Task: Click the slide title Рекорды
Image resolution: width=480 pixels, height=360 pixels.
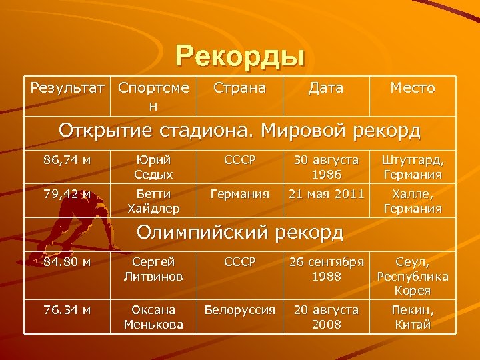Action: [240, 55]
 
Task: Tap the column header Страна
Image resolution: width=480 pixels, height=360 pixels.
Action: [239, 88]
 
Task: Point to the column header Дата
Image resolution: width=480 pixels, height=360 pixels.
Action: [326, 88]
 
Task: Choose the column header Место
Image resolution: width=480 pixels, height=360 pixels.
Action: [412, 88]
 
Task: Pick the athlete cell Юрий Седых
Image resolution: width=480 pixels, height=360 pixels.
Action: [153, 167]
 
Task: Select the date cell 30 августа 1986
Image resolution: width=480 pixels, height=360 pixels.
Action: [326, 167]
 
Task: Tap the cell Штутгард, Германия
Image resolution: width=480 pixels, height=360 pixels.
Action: [413, 167]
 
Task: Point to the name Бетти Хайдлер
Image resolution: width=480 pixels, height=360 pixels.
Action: [153, 201]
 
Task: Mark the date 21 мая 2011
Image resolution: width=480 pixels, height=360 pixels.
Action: [326, 194]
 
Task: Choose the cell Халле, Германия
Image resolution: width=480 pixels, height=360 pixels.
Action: [413, 201]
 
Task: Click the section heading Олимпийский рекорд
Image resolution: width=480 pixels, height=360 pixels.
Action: [239, 233]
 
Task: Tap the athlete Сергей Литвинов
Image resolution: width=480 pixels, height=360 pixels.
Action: [153, 269]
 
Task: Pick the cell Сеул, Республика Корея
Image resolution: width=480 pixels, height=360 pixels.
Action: [413, 276]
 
